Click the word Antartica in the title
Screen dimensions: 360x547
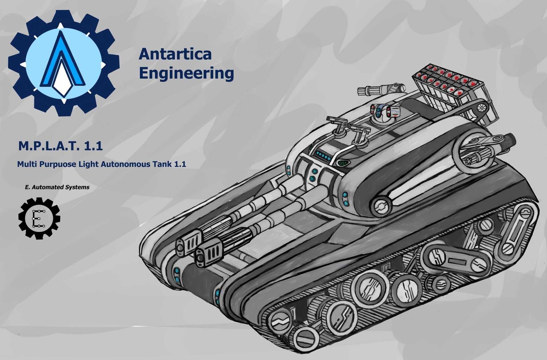(175, 54)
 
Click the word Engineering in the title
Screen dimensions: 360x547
(186, 73)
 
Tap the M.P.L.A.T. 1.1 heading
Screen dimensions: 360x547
(60, 146)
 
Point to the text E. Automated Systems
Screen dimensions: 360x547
(57, 187)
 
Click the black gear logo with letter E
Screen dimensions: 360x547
(39, 218)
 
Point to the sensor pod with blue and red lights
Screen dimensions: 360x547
(386, 111)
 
